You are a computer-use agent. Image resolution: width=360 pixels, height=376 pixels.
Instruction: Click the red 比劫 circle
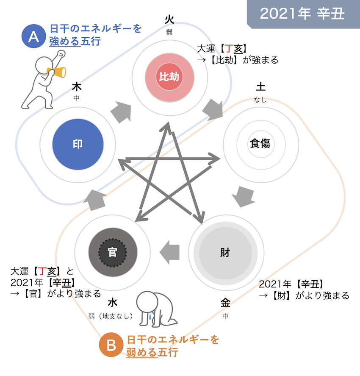click(169, 76)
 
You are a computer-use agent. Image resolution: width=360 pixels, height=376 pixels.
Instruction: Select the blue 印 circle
click(78, 144)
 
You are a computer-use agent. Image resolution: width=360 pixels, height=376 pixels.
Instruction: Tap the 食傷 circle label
click(260, 144)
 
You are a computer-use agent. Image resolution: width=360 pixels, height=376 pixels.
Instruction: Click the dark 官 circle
click(112, 253)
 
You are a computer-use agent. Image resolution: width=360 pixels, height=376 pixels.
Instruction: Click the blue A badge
click(33, 37)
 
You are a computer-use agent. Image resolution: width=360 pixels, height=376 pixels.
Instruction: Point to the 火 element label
click(169, 19)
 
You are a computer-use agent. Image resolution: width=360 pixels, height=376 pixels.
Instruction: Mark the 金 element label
click(225, 304)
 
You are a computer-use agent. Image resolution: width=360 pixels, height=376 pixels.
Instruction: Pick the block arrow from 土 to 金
click(244, 196)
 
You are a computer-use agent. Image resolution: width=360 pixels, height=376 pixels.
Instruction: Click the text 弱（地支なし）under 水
click(112, 316)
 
